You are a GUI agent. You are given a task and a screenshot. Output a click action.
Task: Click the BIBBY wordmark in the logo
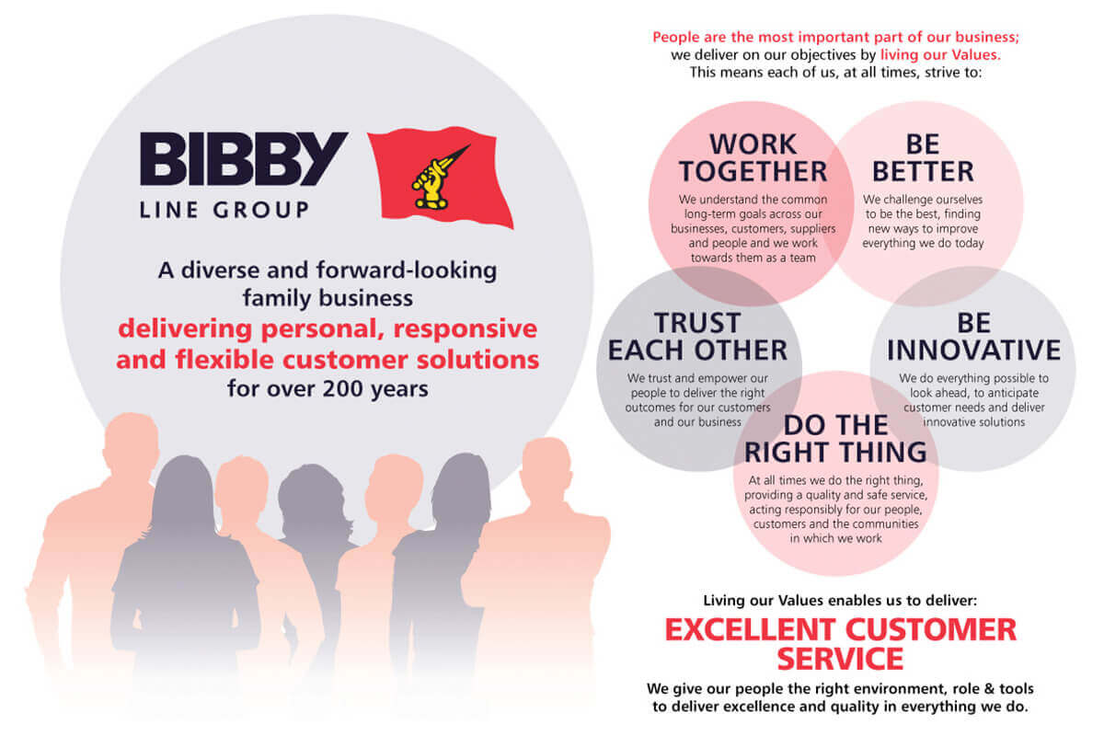pyautogui.click(x=244, y=159)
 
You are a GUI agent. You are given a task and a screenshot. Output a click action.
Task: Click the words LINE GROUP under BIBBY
pyautogui.click(x=224, y=210)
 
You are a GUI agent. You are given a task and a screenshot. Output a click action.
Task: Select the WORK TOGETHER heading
pyautogui.click(x=753, y=157)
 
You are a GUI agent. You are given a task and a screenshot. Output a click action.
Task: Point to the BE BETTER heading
pyautogui.click(x=923, y=157)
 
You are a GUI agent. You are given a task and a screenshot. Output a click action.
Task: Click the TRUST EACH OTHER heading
pyautogui.click(x=697, y=337)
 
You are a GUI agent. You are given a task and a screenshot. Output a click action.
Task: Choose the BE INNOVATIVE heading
pyautogui.click(x=973, y=337)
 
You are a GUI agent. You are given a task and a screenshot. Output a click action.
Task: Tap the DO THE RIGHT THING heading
pyautogui.click(x=835, y=439)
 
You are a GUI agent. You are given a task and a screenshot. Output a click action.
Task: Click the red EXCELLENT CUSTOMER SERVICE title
pyautogui.click(x=840, y=644)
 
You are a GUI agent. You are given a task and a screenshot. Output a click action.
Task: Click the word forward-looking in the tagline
pyautogui.click(x=407, y=270)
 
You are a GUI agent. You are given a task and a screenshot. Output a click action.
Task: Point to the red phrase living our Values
pyautogui.click(x=940, y=54)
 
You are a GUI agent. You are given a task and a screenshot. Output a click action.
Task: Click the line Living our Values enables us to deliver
pyautogui.click(x=840, y=601)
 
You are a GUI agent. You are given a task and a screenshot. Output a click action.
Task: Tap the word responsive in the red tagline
pyautogui.click(x=466, y=329)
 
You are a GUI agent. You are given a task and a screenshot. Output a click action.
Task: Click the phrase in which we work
pyautogui.click(x=836, y=538)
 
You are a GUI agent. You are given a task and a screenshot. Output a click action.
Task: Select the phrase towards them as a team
pyautogui.click(x=753, y=258)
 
